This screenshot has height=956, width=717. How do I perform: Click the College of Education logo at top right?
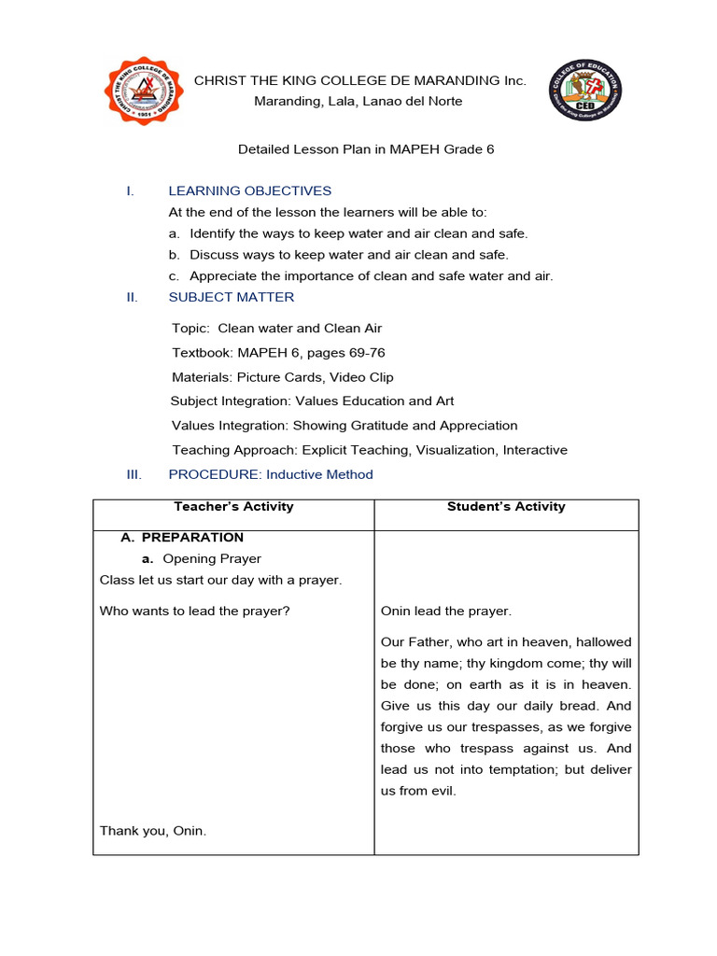click(585, 91)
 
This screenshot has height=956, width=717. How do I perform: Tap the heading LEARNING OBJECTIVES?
click(249, 191)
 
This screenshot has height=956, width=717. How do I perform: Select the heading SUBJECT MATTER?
click(231, 298)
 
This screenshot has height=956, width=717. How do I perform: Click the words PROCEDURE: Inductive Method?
click(271, 474)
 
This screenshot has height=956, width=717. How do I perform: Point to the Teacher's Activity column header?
click(233, 507)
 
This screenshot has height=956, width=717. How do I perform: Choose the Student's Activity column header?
click(506, 507)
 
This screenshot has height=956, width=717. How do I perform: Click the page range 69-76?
click(365, 353)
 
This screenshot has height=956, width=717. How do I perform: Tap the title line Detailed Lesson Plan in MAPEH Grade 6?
click(366, 149)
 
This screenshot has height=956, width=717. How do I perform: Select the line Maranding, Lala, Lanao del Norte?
click(358, 101)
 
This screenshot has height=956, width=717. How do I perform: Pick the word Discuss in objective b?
click(214, 255)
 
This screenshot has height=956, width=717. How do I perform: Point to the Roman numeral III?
click(134, 474)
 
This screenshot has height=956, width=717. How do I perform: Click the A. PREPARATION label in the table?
click(182, 538)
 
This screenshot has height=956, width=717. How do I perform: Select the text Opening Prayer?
click(212, 559)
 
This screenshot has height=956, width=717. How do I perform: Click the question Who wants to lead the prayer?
click(195, 612)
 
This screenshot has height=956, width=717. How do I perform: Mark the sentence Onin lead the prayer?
click(446, 612)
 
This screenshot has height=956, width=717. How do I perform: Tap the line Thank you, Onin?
click(153, 831)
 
